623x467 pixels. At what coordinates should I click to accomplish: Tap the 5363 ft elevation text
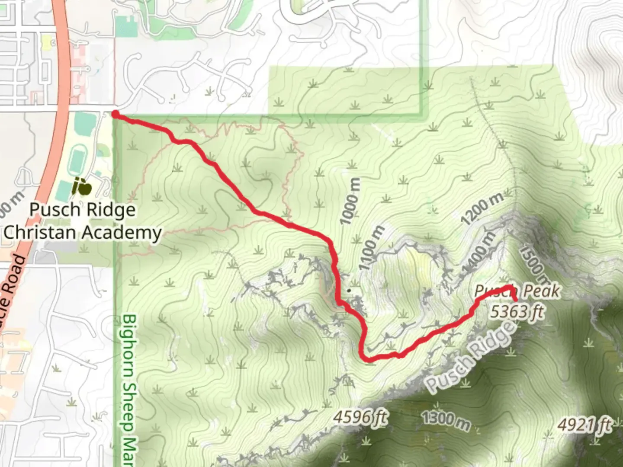pos(516,311)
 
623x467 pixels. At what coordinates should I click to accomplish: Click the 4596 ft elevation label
pos(361,417)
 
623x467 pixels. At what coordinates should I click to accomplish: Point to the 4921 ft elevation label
pos(584,425)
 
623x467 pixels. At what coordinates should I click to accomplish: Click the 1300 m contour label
pos(446,420)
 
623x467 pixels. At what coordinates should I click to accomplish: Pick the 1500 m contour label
pos(533,265)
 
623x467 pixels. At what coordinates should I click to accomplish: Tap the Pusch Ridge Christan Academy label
pos(82,221)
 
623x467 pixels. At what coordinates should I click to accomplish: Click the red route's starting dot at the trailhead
pos(116,114)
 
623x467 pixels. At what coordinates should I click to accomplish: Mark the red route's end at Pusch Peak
pos(515,300)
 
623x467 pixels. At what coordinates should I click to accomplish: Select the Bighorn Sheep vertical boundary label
pos(129,389)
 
